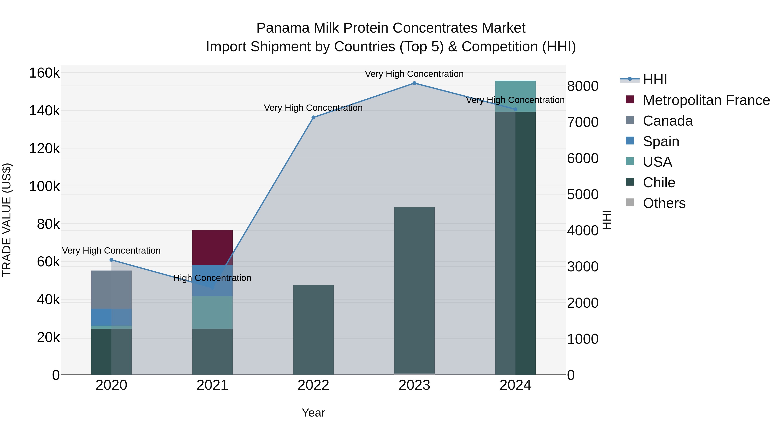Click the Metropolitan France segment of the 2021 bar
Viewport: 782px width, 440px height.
[212, 247]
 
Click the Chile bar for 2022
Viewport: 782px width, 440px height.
[313, 329]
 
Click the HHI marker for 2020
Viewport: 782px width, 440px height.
[111, 260]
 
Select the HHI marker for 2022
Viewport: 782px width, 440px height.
[313, 118]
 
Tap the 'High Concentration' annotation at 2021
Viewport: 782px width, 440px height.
[212, 278]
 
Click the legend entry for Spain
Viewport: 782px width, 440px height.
[661, 141]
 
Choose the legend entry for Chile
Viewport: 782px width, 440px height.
[659, 183]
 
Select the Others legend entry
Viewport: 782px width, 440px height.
[664, 203]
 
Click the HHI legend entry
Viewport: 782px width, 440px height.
[655, 80]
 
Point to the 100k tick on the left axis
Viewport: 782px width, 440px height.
[44, 186]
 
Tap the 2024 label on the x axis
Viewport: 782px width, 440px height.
[515, 385]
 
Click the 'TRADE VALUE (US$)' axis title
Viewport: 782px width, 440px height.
[7, 220]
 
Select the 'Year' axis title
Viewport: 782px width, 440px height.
[313, 413]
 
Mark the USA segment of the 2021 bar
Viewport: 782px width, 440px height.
[212, 312]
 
